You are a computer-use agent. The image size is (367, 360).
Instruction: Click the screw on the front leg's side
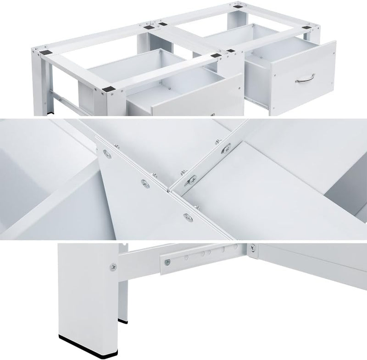[113, 266]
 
